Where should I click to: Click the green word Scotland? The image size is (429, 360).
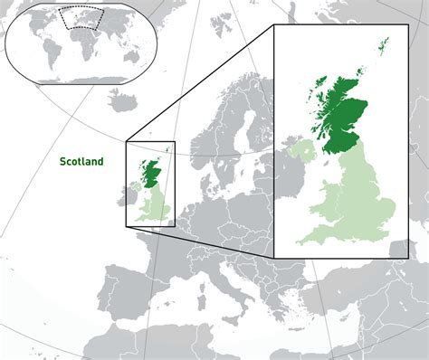[x=81, y=164]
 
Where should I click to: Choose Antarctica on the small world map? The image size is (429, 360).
[x=81, y=79]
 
